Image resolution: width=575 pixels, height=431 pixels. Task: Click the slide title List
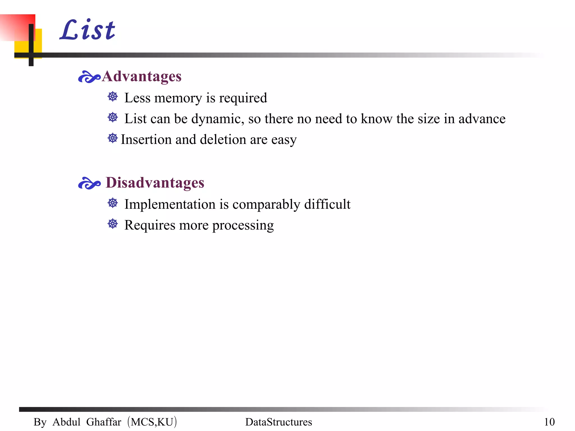tap(88, 30)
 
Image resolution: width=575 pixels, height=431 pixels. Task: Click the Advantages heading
tap(142, 76)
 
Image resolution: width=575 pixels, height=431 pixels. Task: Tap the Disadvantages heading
tap(155, 183)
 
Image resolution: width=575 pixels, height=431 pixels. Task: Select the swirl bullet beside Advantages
tap(89, 77)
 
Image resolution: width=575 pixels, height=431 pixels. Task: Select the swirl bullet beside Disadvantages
tap(89, 183)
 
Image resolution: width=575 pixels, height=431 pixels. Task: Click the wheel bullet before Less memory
tap(113, 97)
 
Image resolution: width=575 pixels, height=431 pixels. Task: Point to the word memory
tap(178, 98)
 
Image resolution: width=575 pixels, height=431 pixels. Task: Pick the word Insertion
tap(146, 139)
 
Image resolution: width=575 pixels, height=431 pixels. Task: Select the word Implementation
tap(171, 204)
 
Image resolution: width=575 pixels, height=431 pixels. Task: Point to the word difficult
tap(327, 204)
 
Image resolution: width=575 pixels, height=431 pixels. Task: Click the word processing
tap(243, 226)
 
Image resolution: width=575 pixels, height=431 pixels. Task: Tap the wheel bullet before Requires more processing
tap(113, 224)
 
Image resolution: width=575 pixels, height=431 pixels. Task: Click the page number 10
tap(549, 422)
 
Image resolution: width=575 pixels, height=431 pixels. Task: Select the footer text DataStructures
tap(279, 422)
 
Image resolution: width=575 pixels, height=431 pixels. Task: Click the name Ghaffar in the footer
tap(104, 422)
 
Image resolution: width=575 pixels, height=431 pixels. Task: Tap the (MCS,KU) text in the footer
tap(152, 422)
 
